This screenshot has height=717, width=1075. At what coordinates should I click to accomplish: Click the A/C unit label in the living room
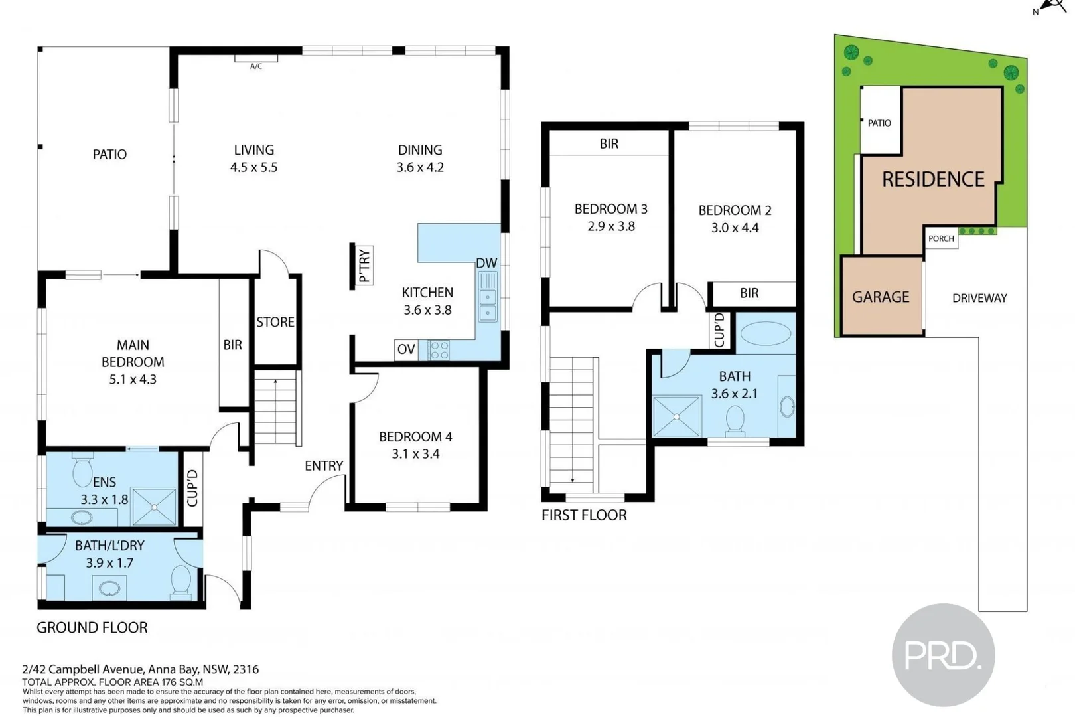(x=256, y=66)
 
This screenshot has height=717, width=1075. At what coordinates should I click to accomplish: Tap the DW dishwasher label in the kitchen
(x=486, y=263)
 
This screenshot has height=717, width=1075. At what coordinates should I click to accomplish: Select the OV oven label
(x=406, y=349)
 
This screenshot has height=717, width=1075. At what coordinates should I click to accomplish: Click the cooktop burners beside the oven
(x=439, y=350)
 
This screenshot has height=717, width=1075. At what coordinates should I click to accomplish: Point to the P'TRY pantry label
(x=364, y=266)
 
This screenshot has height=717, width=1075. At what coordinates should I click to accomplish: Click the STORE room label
(x=275, y=322)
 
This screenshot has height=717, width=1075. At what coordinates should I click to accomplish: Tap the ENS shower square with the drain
(x=154, y=507)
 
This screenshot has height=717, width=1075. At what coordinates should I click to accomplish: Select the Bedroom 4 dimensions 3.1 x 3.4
(x=415, y=454)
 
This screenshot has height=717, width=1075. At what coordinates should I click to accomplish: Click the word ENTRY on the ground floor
(x=324, y=466)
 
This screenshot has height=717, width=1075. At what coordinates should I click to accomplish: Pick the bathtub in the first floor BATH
(x=765, y=333)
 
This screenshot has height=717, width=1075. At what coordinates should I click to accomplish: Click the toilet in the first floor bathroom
(x=735, y=420)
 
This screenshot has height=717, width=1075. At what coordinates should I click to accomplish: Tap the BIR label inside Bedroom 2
(x=749, y=293)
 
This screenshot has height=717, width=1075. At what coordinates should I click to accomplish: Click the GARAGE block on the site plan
(x=881, y=297)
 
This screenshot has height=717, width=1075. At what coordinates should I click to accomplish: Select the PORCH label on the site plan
(x=941, y=238)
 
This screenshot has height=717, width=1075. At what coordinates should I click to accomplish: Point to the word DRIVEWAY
(x=979, y=298)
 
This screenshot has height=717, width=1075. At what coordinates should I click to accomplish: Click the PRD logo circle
(x=943, y=655)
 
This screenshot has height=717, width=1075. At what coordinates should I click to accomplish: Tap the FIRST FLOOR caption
(x=584, y=515)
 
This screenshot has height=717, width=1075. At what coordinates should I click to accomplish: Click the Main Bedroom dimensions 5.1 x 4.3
(x=133, y=380)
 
